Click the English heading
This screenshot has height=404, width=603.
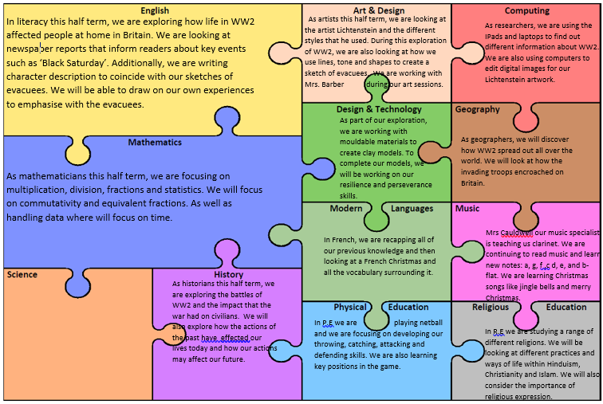(155, 10)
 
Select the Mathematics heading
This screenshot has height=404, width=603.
(155, 143)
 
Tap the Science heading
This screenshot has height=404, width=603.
(22, 275)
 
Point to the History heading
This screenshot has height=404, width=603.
(228, 275)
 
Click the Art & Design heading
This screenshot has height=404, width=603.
(379, 10)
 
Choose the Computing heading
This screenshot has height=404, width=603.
(526, 11)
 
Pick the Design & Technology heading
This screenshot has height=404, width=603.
(379, 109)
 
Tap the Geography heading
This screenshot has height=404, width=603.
(477, 109)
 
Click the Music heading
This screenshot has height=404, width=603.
(467, 209)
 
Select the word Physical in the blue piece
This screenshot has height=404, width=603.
(350, 307)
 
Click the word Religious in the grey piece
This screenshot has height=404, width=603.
(491, 307)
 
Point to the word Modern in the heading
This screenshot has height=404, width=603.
(347, 209)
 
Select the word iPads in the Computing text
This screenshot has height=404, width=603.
(495, 36)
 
